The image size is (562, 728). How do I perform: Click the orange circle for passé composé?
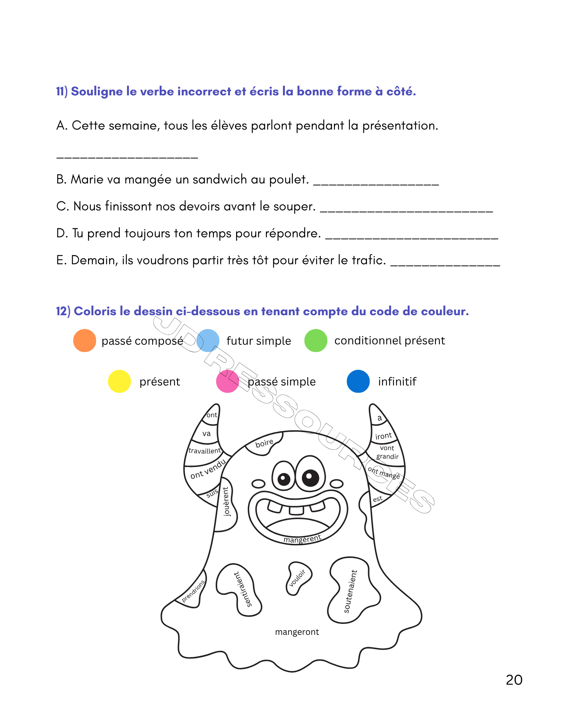pos(84,341)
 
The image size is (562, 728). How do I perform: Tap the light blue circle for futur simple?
pos(208,341)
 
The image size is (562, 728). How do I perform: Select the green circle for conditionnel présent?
pos(316,341)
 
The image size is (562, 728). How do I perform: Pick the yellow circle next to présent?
pos(119,381)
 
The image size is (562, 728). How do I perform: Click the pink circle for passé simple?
pos(227,381)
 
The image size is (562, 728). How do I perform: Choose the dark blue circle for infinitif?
pos(358,381)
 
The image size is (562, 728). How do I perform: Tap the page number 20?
pos(514,680)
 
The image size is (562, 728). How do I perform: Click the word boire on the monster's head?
pos(264,443)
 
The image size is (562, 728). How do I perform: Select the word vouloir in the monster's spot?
pos(297,578)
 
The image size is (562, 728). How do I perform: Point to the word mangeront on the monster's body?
pos(297,632)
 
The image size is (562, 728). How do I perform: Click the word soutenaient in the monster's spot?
pos(350,591)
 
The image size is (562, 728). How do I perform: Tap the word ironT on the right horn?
pos(383,436)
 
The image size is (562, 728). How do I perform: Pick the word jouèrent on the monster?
pos(226,502)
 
